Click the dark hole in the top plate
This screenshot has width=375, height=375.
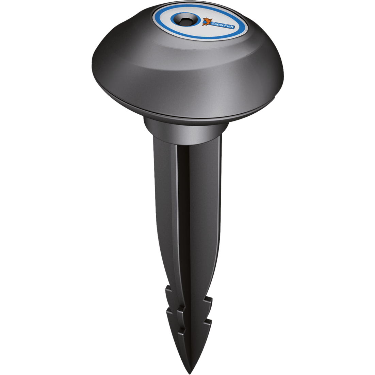(x=184, y=21)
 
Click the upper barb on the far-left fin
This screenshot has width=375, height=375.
(x=169, y=291)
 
